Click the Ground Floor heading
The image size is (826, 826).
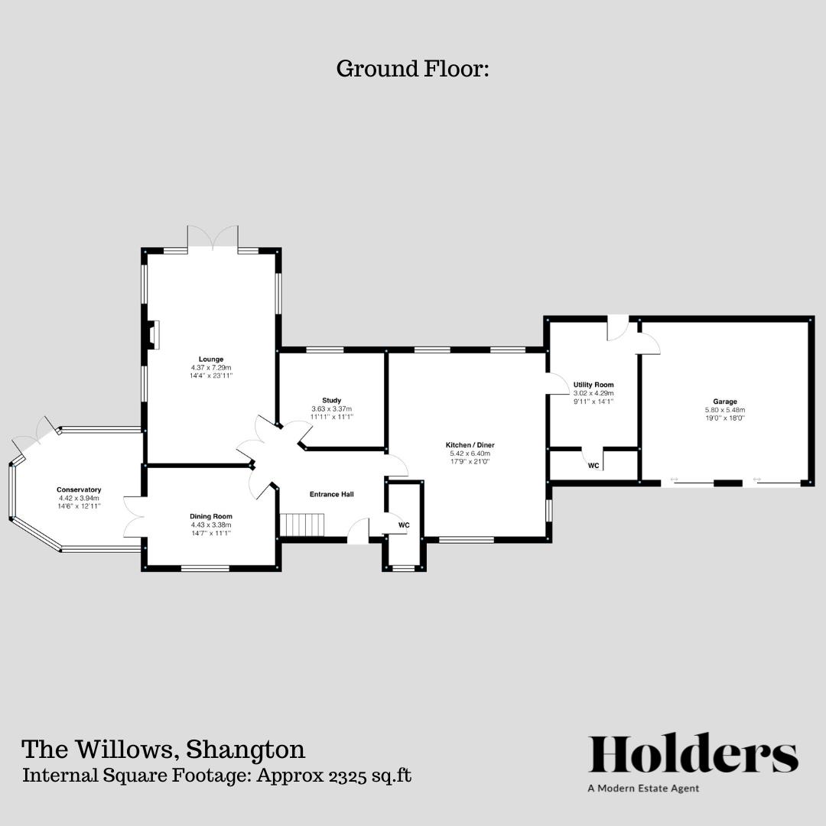click(412, 69)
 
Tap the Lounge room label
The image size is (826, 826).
click(210, 359)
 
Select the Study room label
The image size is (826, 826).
click(331, 400)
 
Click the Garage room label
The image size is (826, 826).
click(725, 402)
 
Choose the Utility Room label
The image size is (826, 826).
click(593, 385)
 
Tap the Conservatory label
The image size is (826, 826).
click(79, 489)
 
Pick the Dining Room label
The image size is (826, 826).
click(211, 516)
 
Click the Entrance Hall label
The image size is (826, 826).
click(331, 495)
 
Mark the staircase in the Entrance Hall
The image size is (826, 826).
click(303, 525)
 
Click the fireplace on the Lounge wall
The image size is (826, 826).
click(154, 335)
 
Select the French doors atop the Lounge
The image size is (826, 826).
click(213, 239)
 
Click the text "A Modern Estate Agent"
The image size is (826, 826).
click(643, 789)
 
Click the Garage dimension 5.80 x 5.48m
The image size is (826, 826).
click(725, 410)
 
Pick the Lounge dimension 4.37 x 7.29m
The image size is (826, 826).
click(211, 368)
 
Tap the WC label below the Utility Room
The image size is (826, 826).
click(593, 466)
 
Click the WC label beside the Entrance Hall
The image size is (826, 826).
click(404, 525)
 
